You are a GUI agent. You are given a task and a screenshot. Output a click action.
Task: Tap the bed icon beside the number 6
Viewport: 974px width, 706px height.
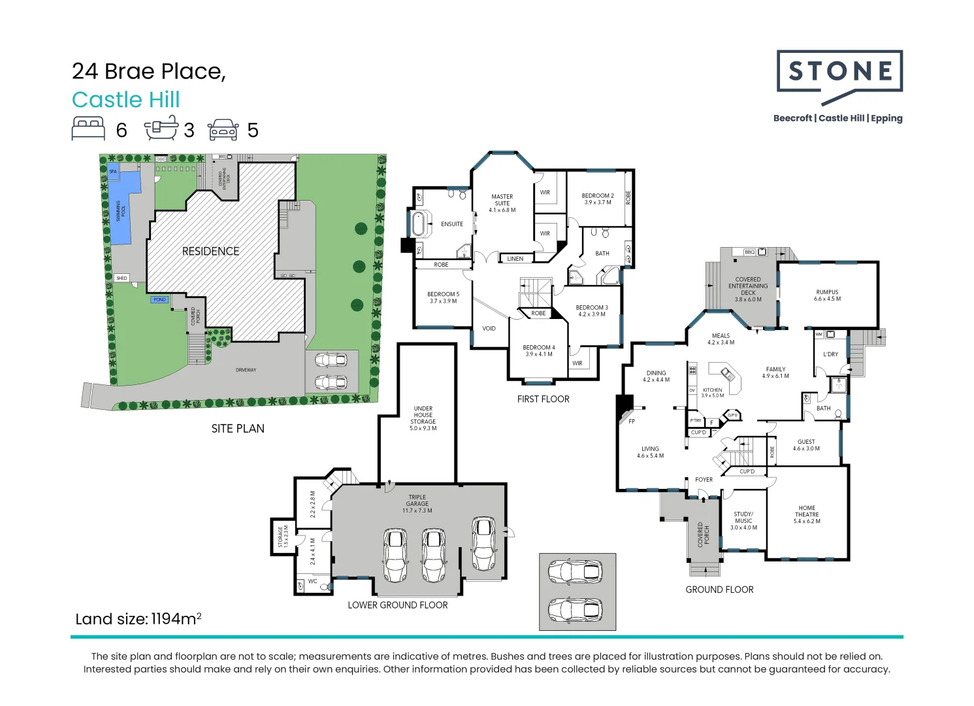click(88, 129)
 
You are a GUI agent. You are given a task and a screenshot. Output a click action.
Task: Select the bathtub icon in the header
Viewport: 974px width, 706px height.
click(161, 129)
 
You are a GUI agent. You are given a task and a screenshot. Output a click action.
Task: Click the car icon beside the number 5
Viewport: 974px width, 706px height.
click(223, 129)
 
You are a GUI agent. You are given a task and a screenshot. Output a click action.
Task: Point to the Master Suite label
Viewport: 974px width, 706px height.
click(502, 203)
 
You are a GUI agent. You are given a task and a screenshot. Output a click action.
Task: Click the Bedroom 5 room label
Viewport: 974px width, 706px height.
click(443, 297)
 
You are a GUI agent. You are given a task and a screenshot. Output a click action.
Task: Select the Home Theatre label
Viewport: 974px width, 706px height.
click(807, 514)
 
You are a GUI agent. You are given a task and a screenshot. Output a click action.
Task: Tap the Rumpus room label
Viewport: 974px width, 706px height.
click(827, 295)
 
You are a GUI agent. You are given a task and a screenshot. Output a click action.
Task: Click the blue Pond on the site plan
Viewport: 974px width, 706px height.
click(159, 299)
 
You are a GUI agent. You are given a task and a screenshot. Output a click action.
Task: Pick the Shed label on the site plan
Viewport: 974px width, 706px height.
click(122, 278)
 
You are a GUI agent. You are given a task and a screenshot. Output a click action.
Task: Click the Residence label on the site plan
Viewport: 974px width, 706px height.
click(210, 251)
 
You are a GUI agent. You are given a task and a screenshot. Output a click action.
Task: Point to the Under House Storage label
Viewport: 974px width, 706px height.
click(423, 418)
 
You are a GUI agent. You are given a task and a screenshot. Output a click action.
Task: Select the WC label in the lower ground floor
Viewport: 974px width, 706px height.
click(312, 581)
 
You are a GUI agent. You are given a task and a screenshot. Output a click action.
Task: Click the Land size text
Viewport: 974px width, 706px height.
click(138, 619)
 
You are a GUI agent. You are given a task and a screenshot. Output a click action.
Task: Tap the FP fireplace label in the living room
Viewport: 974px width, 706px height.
click(632, 422)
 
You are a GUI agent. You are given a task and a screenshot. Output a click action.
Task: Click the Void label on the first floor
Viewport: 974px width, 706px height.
click(489, 328)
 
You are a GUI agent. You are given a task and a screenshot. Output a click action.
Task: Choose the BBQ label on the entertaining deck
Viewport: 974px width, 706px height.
click(749, 252)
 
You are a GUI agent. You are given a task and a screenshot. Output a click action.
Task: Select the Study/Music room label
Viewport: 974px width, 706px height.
click(743, 520)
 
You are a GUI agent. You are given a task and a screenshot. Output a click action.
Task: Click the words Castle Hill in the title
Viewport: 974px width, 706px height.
click(125, 100)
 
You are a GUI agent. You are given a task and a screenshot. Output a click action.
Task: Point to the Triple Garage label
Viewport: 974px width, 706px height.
click(417, 503)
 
